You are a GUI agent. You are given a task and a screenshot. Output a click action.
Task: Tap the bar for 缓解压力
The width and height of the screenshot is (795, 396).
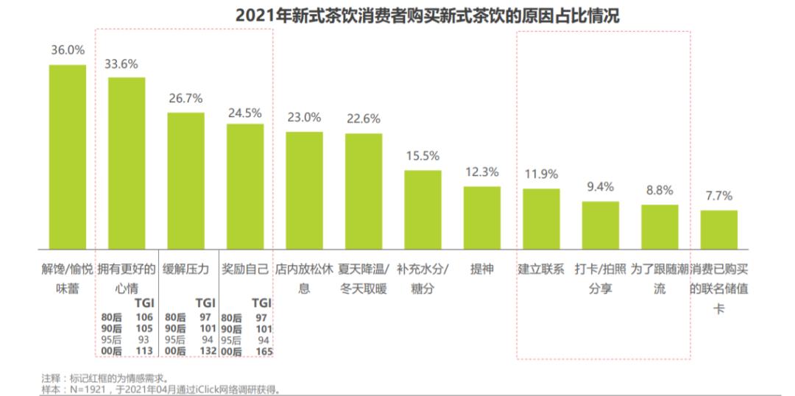click(185, 180)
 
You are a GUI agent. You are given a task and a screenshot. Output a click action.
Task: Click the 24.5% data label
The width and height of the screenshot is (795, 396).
click(245, 113)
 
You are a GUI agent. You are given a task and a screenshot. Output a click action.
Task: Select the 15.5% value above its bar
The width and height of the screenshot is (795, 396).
click(423, 156)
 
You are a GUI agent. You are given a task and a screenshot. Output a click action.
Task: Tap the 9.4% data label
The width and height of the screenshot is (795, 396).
click(600, 187)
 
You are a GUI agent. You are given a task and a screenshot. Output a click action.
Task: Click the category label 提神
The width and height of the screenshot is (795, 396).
click(481, 269)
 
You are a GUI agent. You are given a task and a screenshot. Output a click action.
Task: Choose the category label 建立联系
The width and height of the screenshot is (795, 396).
click(541, 269)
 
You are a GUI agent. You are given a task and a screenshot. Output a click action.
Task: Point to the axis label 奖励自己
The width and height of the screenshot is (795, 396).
click(245, 269)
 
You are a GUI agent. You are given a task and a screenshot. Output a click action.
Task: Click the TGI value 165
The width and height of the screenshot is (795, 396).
click(263, 352)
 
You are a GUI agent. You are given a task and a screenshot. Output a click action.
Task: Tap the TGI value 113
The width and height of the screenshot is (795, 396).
click(145, 352)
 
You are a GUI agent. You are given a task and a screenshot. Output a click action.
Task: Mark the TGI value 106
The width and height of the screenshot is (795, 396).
click(145, 317)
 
